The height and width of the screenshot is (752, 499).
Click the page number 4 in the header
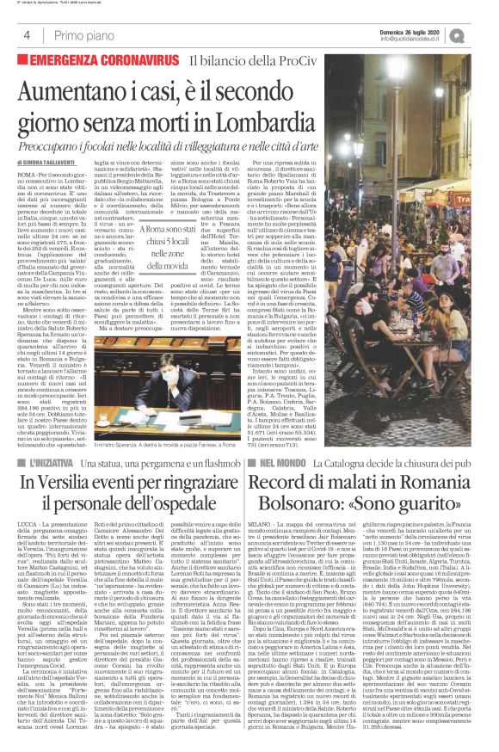coord(28,34)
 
